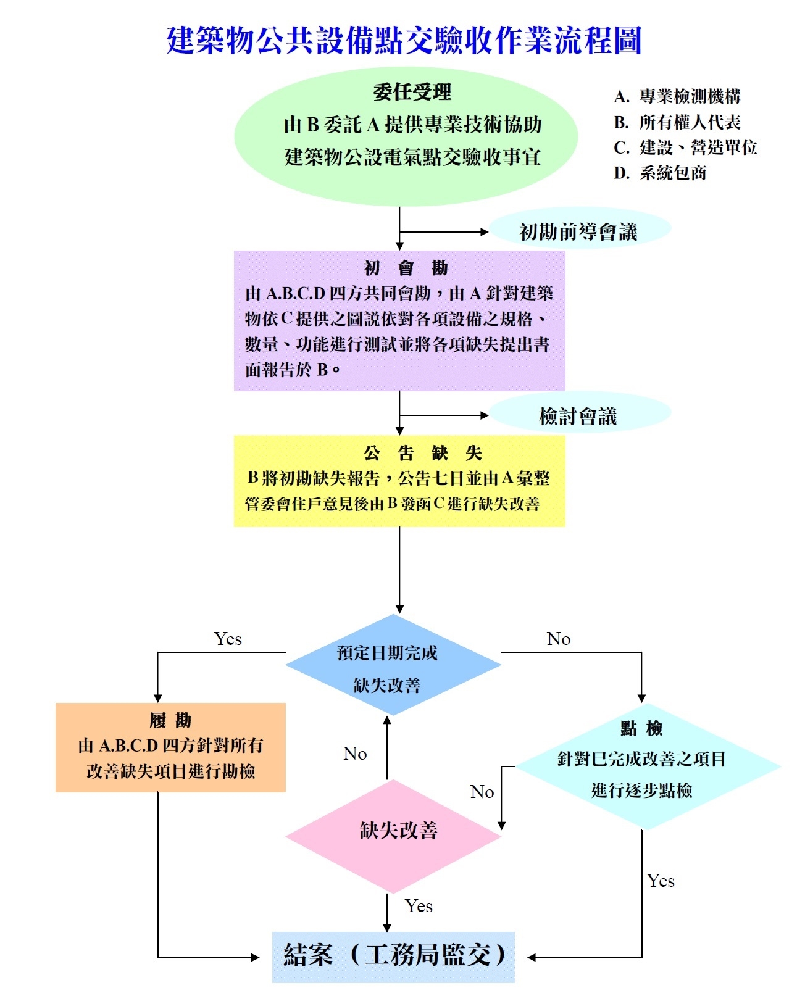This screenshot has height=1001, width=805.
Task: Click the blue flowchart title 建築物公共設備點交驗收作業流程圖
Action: point(404,41)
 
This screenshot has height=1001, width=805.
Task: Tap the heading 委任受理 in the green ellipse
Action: point(412,93)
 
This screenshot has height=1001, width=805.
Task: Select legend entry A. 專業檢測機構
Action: point(677,96)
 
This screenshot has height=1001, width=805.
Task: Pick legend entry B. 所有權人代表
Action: point(677,122)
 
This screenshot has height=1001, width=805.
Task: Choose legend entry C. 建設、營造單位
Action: point(685,147)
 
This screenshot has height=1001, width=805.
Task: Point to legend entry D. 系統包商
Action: point(660,173)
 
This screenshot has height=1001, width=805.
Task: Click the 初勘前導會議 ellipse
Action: point(578,231)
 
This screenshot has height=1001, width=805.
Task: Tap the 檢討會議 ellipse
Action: point(578,416)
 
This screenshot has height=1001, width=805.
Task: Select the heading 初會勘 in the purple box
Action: point(406,268)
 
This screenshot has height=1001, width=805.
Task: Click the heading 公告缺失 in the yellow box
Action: point(422,454)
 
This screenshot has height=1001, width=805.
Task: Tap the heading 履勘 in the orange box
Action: point(170,720)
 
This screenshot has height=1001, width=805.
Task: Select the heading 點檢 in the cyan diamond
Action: point(641,729)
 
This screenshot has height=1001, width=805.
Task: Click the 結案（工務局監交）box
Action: point(393,957)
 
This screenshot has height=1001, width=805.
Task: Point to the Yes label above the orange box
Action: point(228,639)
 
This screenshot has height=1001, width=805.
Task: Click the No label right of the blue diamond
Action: point(558,639)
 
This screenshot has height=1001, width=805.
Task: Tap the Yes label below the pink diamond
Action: point(419,906)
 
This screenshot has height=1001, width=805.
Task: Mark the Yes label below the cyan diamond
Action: point(661,881)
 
